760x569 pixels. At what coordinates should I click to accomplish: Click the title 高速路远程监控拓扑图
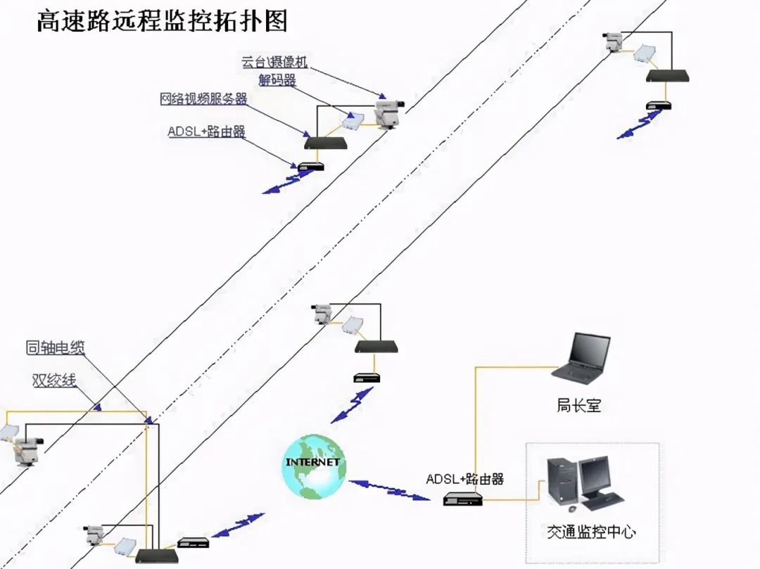click(162, 20)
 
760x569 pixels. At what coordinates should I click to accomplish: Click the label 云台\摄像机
click(274, 62)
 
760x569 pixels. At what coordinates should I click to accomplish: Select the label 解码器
click(277, 80)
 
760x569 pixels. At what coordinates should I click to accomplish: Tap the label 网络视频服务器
click(203, 98)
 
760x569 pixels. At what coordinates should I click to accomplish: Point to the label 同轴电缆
click(56, 347)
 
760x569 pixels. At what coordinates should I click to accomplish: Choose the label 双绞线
click(54, 381)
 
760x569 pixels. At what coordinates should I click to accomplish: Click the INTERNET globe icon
click(314, 466)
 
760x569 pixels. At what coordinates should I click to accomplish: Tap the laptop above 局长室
click(581, 357)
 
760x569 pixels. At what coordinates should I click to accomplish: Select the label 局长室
click(578, 405)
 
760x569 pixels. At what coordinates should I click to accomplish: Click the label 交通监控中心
click(591, 532)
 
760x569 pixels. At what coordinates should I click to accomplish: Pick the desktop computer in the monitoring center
click(585, 484)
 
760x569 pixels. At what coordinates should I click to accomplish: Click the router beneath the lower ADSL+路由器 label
click(463, 499)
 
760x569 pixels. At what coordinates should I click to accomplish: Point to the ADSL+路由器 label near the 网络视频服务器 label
click(206, 132)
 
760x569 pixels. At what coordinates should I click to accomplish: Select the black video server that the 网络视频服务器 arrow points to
click(327, 143)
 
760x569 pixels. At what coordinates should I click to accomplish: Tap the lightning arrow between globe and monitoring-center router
click(388, 490)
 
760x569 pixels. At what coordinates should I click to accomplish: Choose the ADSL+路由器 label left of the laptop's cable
click(465, 479)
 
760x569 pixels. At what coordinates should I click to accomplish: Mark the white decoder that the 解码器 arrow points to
click(353, 121)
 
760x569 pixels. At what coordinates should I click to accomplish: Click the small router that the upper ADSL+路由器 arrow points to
click(310, 167)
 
